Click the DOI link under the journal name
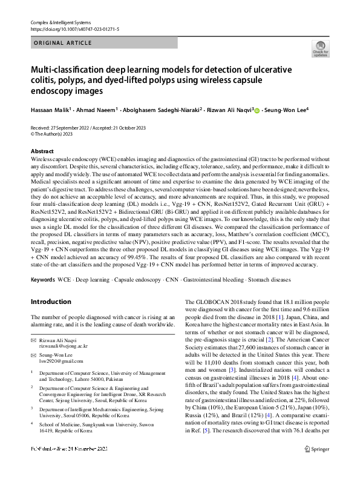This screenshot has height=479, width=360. pos(74,28)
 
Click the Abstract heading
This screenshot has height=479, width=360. pos(42,151)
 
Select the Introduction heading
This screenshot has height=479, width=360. pos(51,301)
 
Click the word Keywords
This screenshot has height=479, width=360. pos(42,280)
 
